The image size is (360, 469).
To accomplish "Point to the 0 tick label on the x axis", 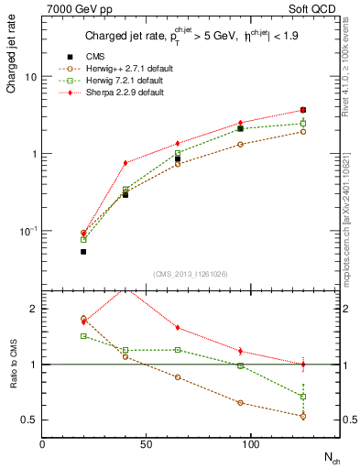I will point(42,443).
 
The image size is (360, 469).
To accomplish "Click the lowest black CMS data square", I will point(83,251).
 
